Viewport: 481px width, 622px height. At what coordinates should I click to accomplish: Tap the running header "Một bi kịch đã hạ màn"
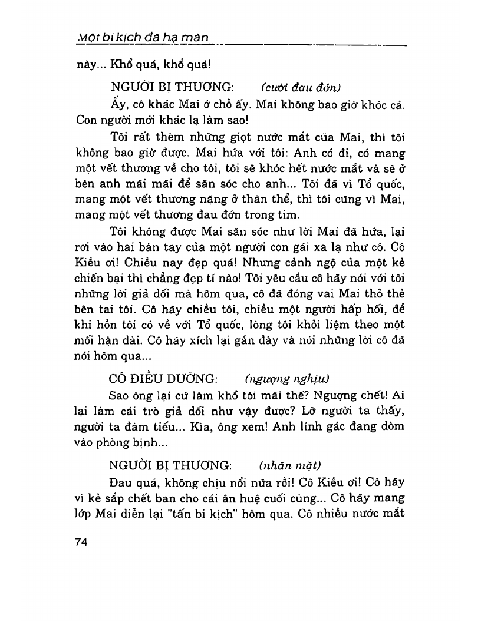[x=144, y=38]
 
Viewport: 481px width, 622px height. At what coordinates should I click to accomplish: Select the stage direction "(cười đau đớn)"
[x=301, y=88]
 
